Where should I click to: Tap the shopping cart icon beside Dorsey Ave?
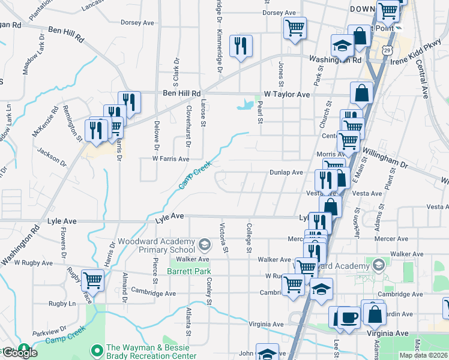tap(295, 28)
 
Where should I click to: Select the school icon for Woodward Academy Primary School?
tap(205, 244)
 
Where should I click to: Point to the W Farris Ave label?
tap(170, 159)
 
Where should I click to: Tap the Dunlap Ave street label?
tap(285, 172)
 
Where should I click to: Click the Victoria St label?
tap(223, 238)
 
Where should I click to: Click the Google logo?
tap(19, 353)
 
